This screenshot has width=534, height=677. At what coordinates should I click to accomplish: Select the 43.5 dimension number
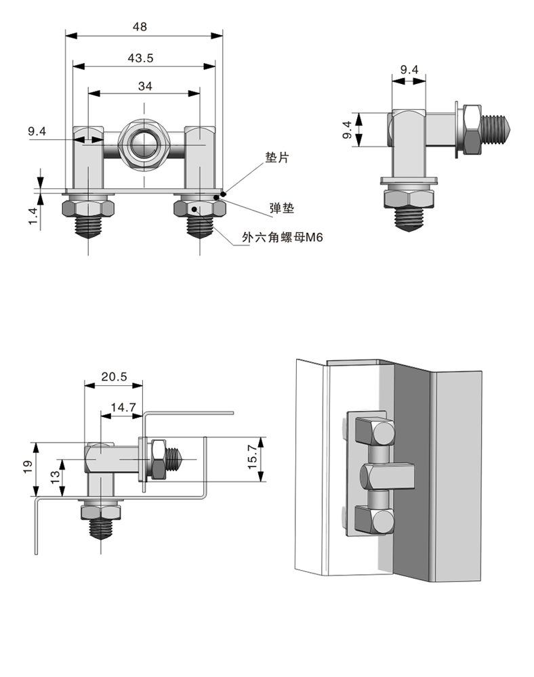(140, 58)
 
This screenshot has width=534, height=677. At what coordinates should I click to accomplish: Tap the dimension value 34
(144, 85)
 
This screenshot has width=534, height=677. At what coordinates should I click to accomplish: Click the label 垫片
(276, 158)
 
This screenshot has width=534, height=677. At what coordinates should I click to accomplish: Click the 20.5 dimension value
(112, 376)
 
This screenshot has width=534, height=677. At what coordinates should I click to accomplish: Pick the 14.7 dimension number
(123, 408)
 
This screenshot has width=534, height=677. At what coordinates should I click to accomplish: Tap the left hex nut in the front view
(89, 207)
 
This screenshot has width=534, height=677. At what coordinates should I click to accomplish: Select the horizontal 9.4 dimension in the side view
(409, 69)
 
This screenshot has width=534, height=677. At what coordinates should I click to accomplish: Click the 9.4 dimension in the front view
(37, 132)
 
